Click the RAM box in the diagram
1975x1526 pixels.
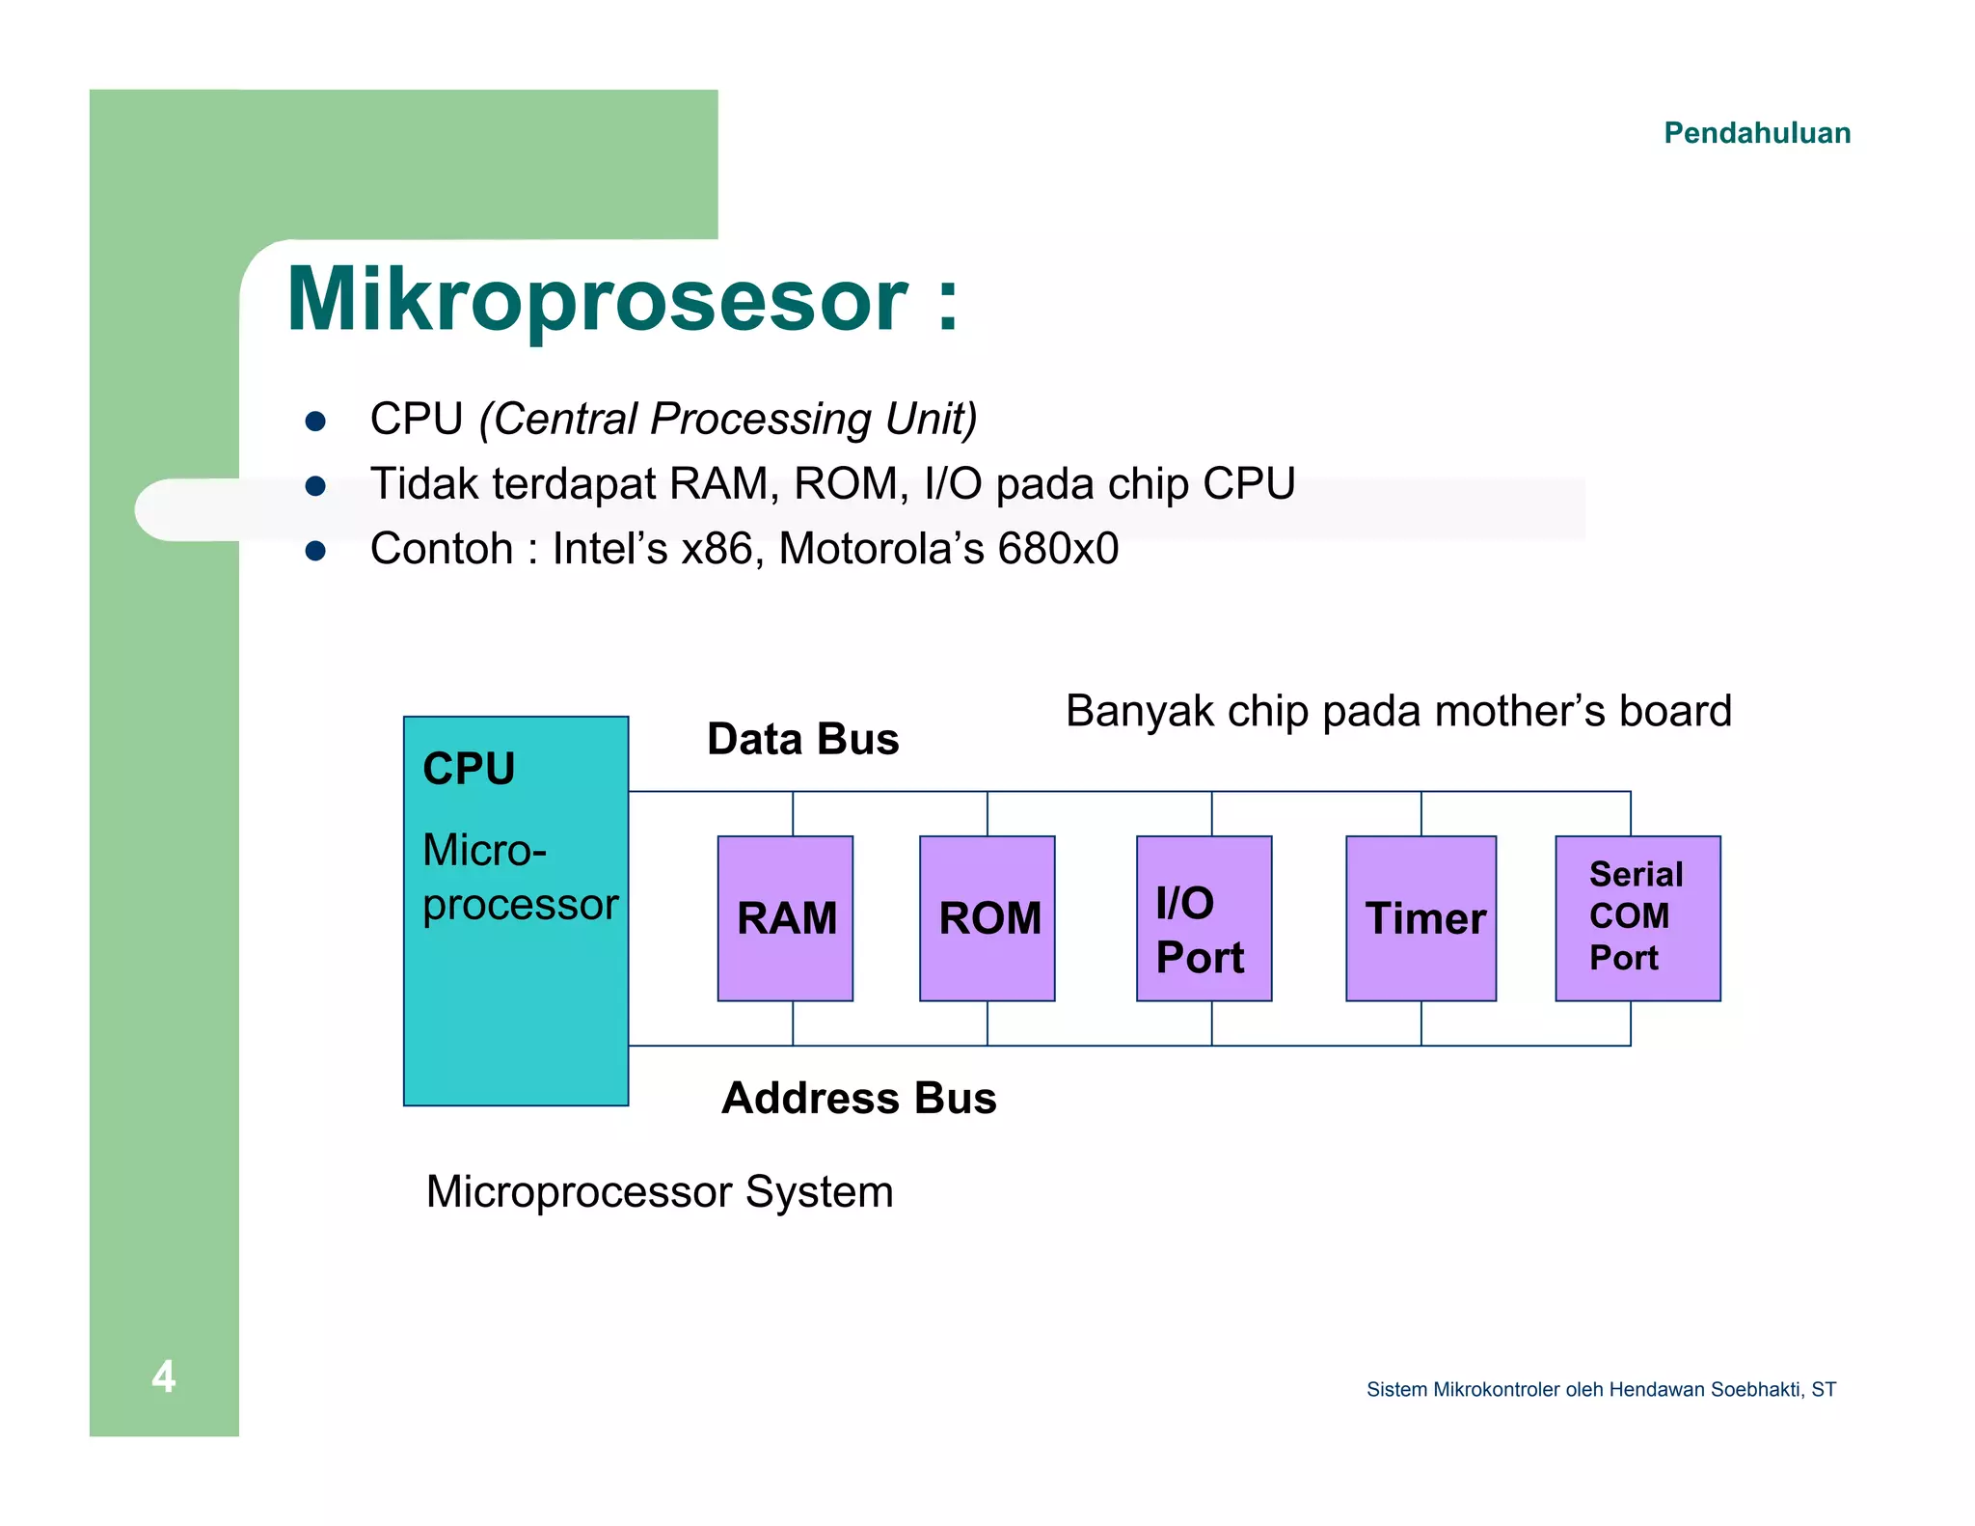pyautogui.click(x=785, y=917)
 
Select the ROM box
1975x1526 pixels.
pyautogui.click(x=987, y=917)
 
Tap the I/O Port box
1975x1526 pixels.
pyautogui.click(x=1204, y=917)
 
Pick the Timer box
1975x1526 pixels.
pyautogui.click(x=1420, y=917)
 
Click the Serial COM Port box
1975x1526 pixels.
pyautogui.click(x=1637, y=917)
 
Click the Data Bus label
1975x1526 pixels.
pyautogui.click(x=802, y=740)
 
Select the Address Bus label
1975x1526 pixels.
pyautogui.click(x=858, y=1099)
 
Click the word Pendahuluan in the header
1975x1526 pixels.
pyautogui.click(x=1757, y=133)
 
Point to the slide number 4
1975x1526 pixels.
pyautogui.click(x=164, y=1376)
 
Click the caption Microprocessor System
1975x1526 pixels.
pyautogui.click(x=660, y=1192)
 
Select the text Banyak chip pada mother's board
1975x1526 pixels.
pyautogui.click(x=1398, y=712)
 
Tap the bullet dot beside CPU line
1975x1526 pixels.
pyautogui.click(x=315, y=422)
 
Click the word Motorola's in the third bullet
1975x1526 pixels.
pyautogui.click(x=879, y=549)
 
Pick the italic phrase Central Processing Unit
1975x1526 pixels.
pyautogui.click(x=728, y=420)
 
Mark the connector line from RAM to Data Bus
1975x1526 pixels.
pyautogui.click(x=793, y=814)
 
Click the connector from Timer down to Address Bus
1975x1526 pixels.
pyautogui.click(x=1420, y=1023)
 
